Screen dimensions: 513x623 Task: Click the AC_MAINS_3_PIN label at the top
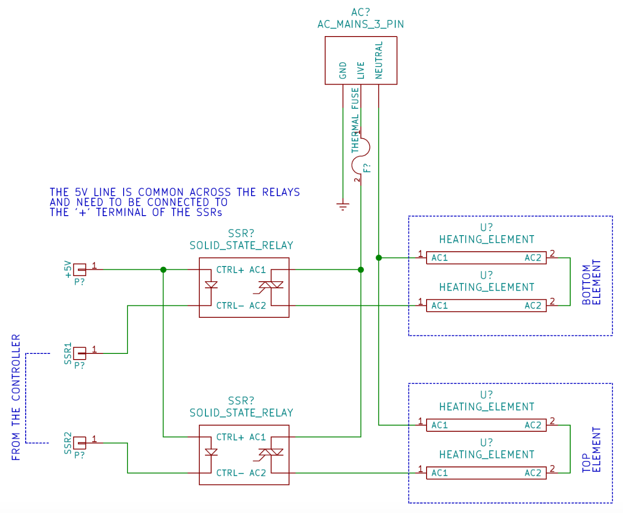360,24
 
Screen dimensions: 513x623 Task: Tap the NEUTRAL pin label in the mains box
379,60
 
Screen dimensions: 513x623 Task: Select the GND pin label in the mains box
343,70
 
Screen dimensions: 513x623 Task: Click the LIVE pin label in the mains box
360,70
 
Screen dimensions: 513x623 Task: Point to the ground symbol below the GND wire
342,206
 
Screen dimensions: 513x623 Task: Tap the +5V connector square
80,270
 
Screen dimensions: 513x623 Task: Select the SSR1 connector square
80,353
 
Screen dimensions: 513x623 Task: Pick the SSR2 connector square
80,443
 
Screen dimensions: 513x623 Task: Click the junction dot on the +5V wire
163,270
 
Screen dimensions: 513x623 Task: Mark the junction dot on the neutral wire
379,258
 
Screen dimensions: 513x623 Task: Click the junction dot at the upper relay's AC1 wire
360,270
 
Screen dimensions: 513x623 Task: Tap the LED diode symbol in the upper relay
211,285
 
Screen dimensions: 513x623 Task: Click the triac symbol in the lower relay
271,453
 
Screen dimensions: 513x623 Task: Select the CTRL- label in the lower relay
230,473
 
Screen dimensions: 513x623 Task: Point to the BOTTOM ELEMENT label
592,282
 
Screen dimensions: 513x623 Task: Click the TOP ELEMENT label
592,449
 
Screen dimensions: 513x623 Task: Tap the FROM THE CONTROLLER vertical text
16,397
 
